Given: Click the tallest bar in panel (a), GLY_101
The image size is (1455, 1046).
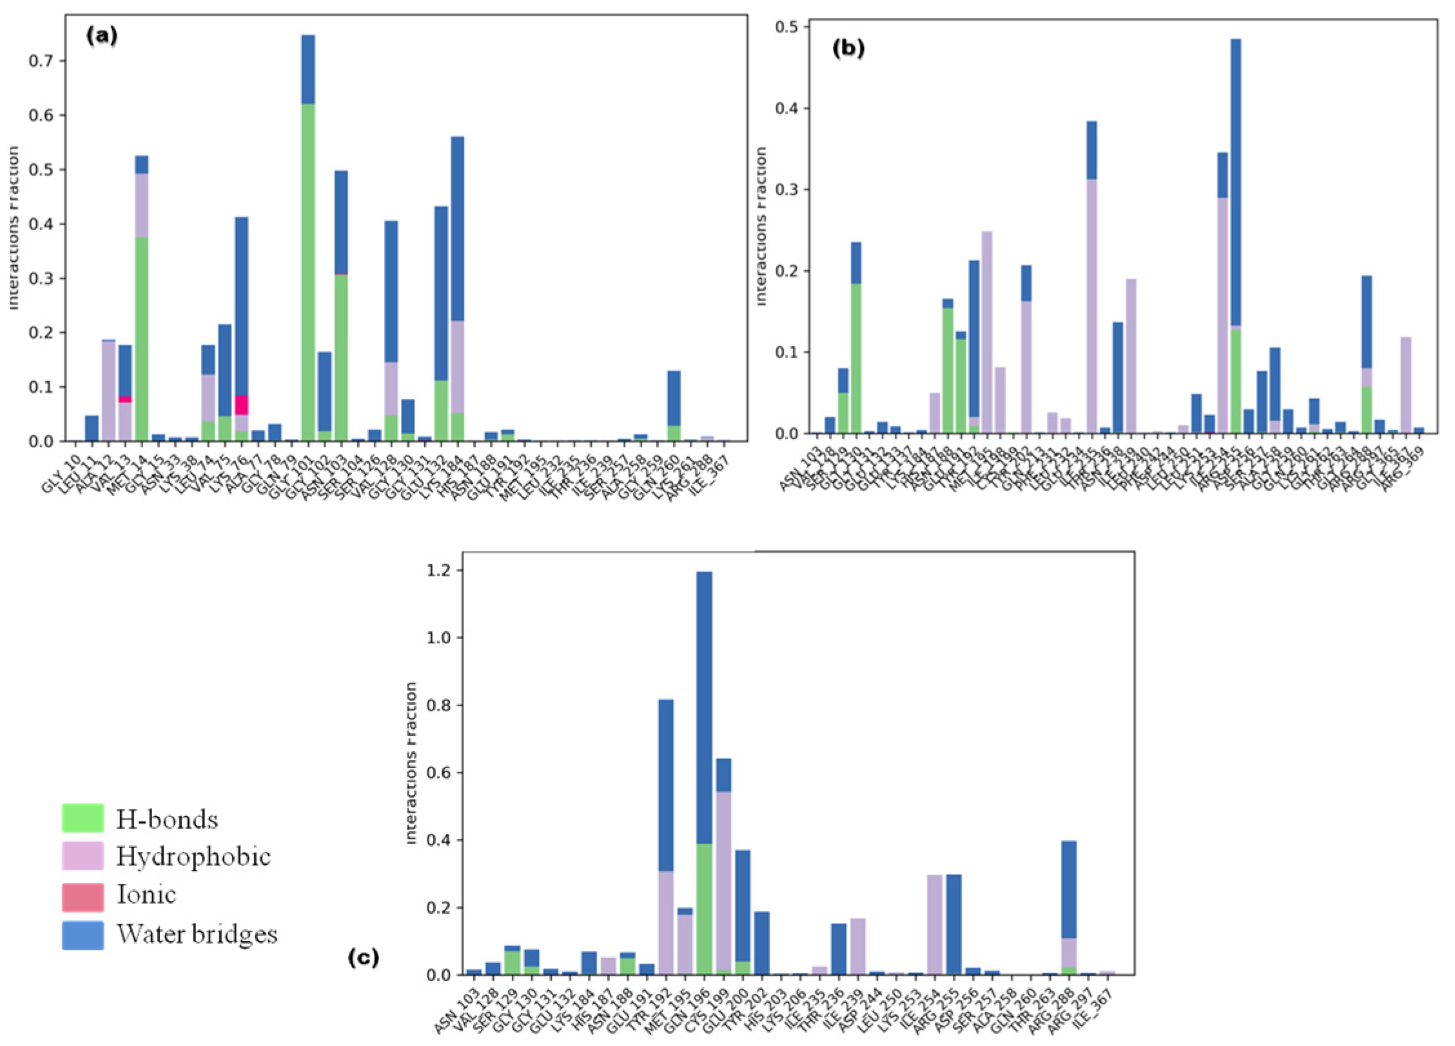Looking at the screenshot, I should point(308,239).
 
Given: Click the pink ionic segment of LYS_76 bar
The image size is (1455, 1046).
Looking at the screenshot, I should point(241,405).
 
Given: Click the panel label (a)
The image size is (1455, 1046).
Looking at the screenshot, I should point(102,36).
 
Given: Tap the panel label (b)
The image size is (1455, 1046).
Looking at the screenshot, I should point(848,48).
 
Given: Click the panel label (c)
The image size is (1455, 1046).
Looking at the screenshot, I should point(363,958).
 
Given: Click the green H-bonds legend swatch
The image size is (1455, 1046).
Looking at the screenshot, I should point(83,818).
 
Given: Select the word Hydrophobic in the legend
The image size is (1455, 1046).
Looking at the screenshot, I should point(193,856).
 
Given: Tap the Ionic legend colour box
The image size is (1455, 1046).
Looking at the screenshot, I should point(83,897).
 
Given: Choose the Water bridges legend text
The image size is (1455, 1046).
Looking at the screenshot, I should point(197,934).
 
